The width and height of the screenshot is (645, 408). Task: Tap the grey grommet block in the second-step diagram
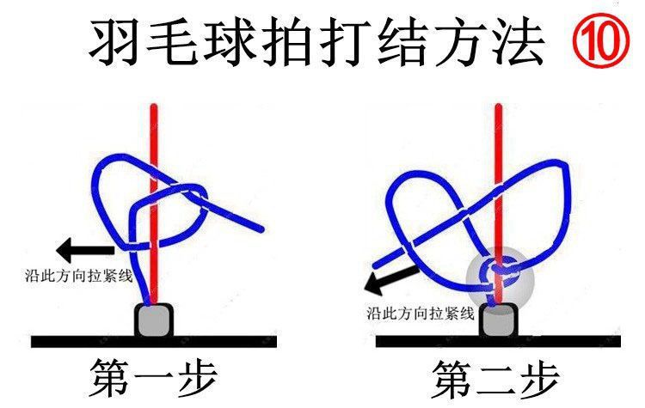[499, 320]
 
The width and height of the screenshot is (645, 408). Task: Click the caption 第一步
[153, 376]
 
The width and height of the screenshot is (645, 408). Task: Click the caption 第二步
[496, 377]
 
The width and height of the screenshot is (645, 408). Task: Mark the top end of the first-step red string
[154, 107]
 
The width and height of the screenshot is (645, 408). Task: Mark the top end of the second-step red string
[497, 107]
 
